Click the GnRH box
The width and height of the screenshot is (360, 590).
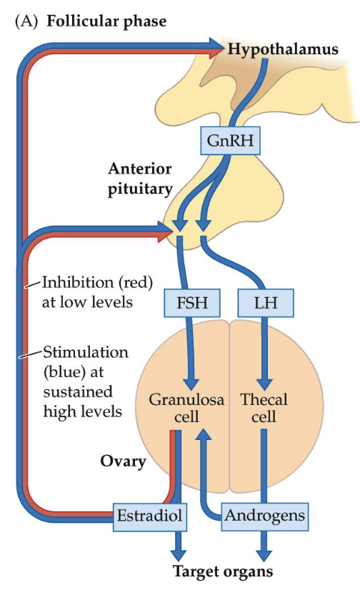[231, 140]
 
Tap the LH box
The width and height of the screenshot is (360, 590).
[265, 303]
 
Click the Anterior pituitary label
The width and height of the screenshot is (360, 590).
[139, 179]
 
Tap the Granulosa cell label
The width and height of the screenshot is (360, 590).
[186, 407]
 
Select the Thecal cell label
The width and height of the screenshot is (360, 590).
[264, 407]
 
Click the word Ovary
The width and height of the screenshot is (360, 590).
[123, 461]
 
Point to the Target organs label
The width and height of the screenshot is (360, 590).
[223, 571]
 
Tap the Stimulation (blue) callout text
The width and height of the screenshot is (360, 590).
[86, 381]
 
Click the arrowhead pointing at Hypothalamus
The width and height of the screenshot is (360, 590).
[217, 47]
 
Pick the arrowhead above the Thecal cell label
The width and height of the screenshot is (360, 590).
[264, 381]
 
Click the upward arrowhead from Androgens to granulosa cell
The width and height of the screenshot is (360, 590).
[205, 435]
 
